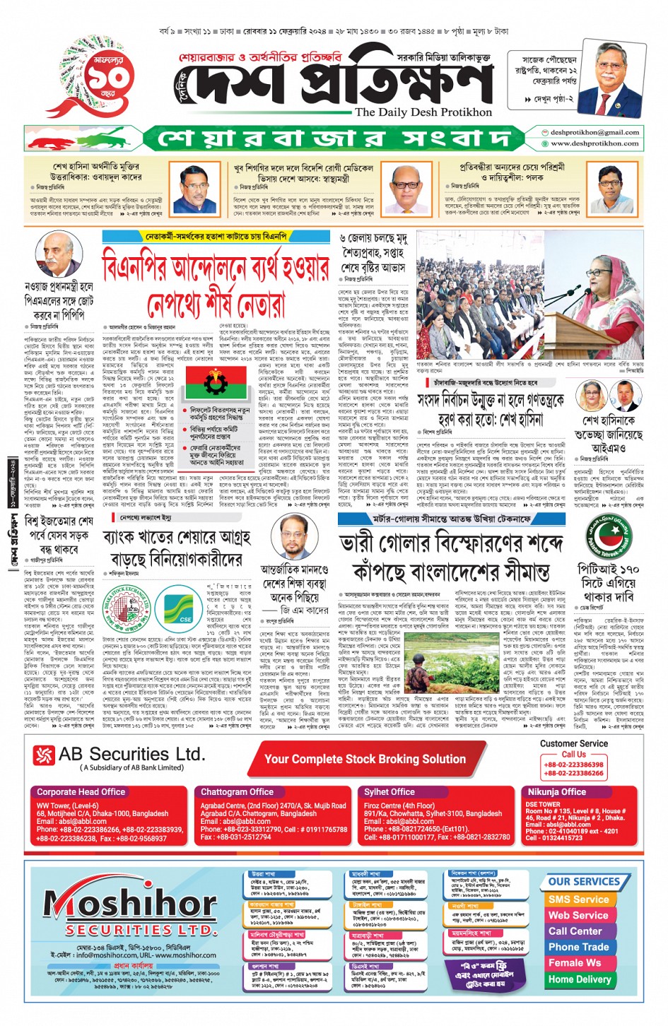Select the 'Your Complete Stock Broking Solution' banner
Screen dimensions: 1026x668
[x=365, y=759]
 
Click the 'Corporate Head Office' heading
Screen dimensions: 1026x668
[x=81, y=792]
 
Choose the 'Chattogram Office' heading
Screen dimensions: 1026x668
[x=237, y=792]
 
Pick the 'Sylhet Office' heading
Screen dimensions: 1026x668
[x=389, y=792]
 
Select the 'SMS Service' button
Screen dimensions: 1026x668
[x=578, y=900]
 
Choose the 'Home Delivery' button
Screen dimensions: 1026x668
[x=579, y=979]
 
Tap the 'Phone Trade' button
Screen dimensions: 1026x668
[x=578, y=947]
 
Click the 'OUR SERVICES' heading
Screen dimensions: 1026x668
[x=583, y=881]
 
